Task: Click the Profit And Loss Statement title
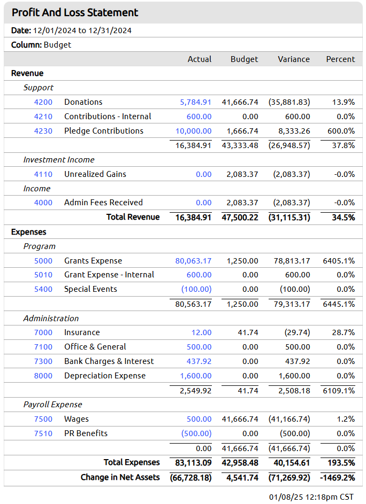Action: click(x=75, y=12)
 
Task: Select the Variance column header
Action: click(x=294, y=59)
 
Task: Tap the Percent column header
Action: click(x=340, y=59)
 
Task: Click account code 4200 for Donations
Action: click(x=43, y=102)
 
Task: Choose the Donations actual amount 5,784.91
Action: click(x=195, y=102)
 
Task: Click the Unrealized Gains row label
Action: click(x=95, y=174)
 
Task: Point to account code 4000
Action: click(x=43, y=203)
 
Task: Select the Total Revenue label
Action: click(x=133, y=217)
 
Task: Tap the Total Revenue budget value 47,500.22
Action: click(x=240, y=218)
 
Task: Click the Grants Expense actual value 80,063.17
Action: click(x=193, y=261)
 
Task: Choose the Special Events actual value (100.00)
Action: click(x=196, y=289)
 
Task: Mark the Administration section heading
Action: click(x=51, y=318)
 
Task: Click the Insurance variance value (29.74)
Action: click(x=297, y=332)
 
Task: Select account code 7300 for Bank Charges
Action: click(x=43, y=361)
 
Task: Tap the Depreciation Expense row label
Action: click(x=105, y=376)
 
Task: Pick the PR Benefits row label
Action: click(x=86, y=433)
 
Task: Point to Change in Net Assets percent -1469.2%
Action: click(x=337, y=478)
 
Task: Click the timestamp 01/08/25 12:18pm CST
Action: click(x=311, y=497)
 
